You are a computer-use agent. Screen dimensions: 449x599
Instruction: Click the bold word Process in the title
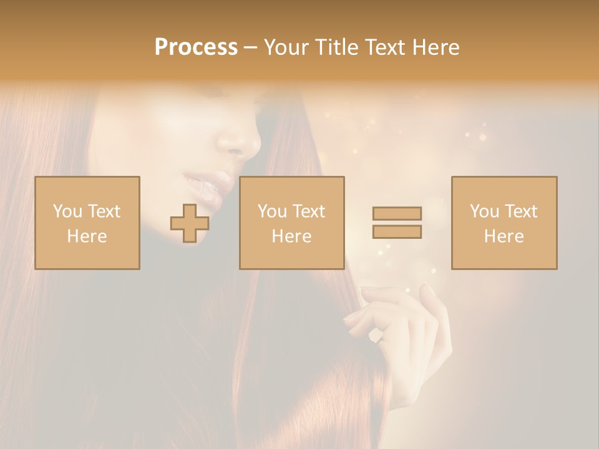(196, 47)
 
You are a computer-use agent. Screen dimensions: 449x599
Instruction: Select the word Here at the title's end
(434, 47)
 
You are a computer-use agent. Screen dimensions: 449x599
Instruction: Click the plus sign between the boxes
(190, 223)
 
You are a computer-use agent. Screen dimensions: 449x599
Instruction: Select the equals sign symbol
(397, 223)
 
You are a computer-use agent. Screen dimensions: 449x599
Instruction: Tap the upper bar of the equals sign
(397, 214)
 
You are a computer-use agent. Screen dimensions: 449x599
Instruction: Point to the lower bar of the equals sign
(397, 231)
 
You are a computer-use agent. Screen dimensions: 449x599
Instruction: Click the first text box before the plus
(87, 223)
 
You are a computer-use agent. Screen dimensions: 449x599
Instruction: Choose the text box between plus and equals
(292, 223)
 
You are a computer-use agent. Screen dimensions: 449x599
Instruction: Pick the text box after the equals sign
(504, 223)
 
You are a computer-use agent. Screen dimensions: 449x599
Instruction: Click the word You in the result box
(484, 211)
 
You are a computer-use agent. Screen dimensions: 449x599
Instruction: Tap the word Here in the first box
(87, 236)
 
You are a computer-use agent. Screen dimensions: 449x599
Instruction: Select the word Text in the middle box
(308, 211)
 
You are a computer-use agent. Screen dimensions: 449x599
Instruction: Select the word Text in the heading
(384, 47)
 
